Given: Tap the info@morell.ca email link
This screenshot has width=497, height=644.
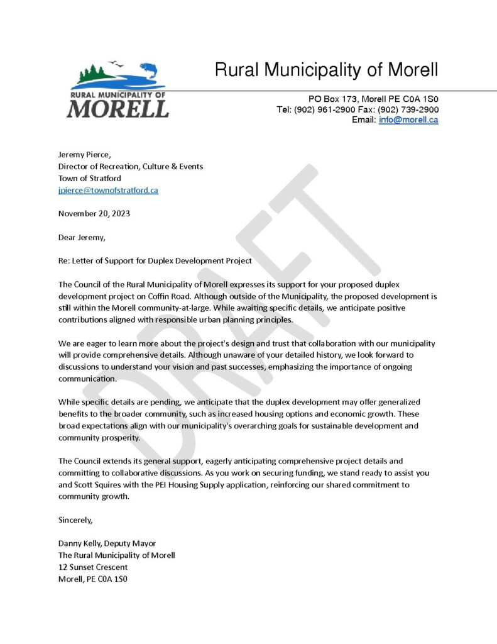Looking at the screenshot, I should coord(408,120).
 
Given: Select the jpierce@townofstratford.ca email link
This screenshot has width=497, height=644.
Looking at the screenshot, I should coord(108,190).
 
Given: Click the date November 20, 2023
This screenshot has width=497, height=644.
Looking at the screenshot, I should coord(94,213).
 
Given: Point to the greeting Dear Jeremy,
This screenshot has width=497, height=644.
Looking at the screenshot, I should coord(82,237).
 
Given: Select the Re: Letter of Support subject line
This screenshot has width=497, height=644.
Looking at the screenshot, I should coord(155,260).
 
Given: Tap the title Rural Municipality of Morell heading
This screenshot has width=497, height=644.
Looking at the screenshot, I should coord(326,70).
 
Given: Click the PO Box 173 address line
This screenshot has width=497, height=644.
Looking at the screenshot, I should coord(373,99).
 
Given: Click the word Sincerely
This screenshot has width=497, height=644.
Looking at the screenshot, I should coord(75,520).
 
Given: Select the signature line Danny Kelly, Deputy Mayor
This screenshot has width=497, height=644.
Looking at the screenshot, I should coord(107,543).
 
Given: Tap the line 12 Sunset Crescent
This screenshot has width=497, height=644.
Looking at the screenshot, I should coord(93,567).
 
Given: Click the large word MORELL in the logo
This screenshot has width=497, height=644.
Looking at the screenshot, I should coord(117,109).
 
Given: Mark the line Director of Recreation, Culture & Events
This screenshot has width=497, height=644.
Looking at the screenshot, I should coord(131,167).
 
